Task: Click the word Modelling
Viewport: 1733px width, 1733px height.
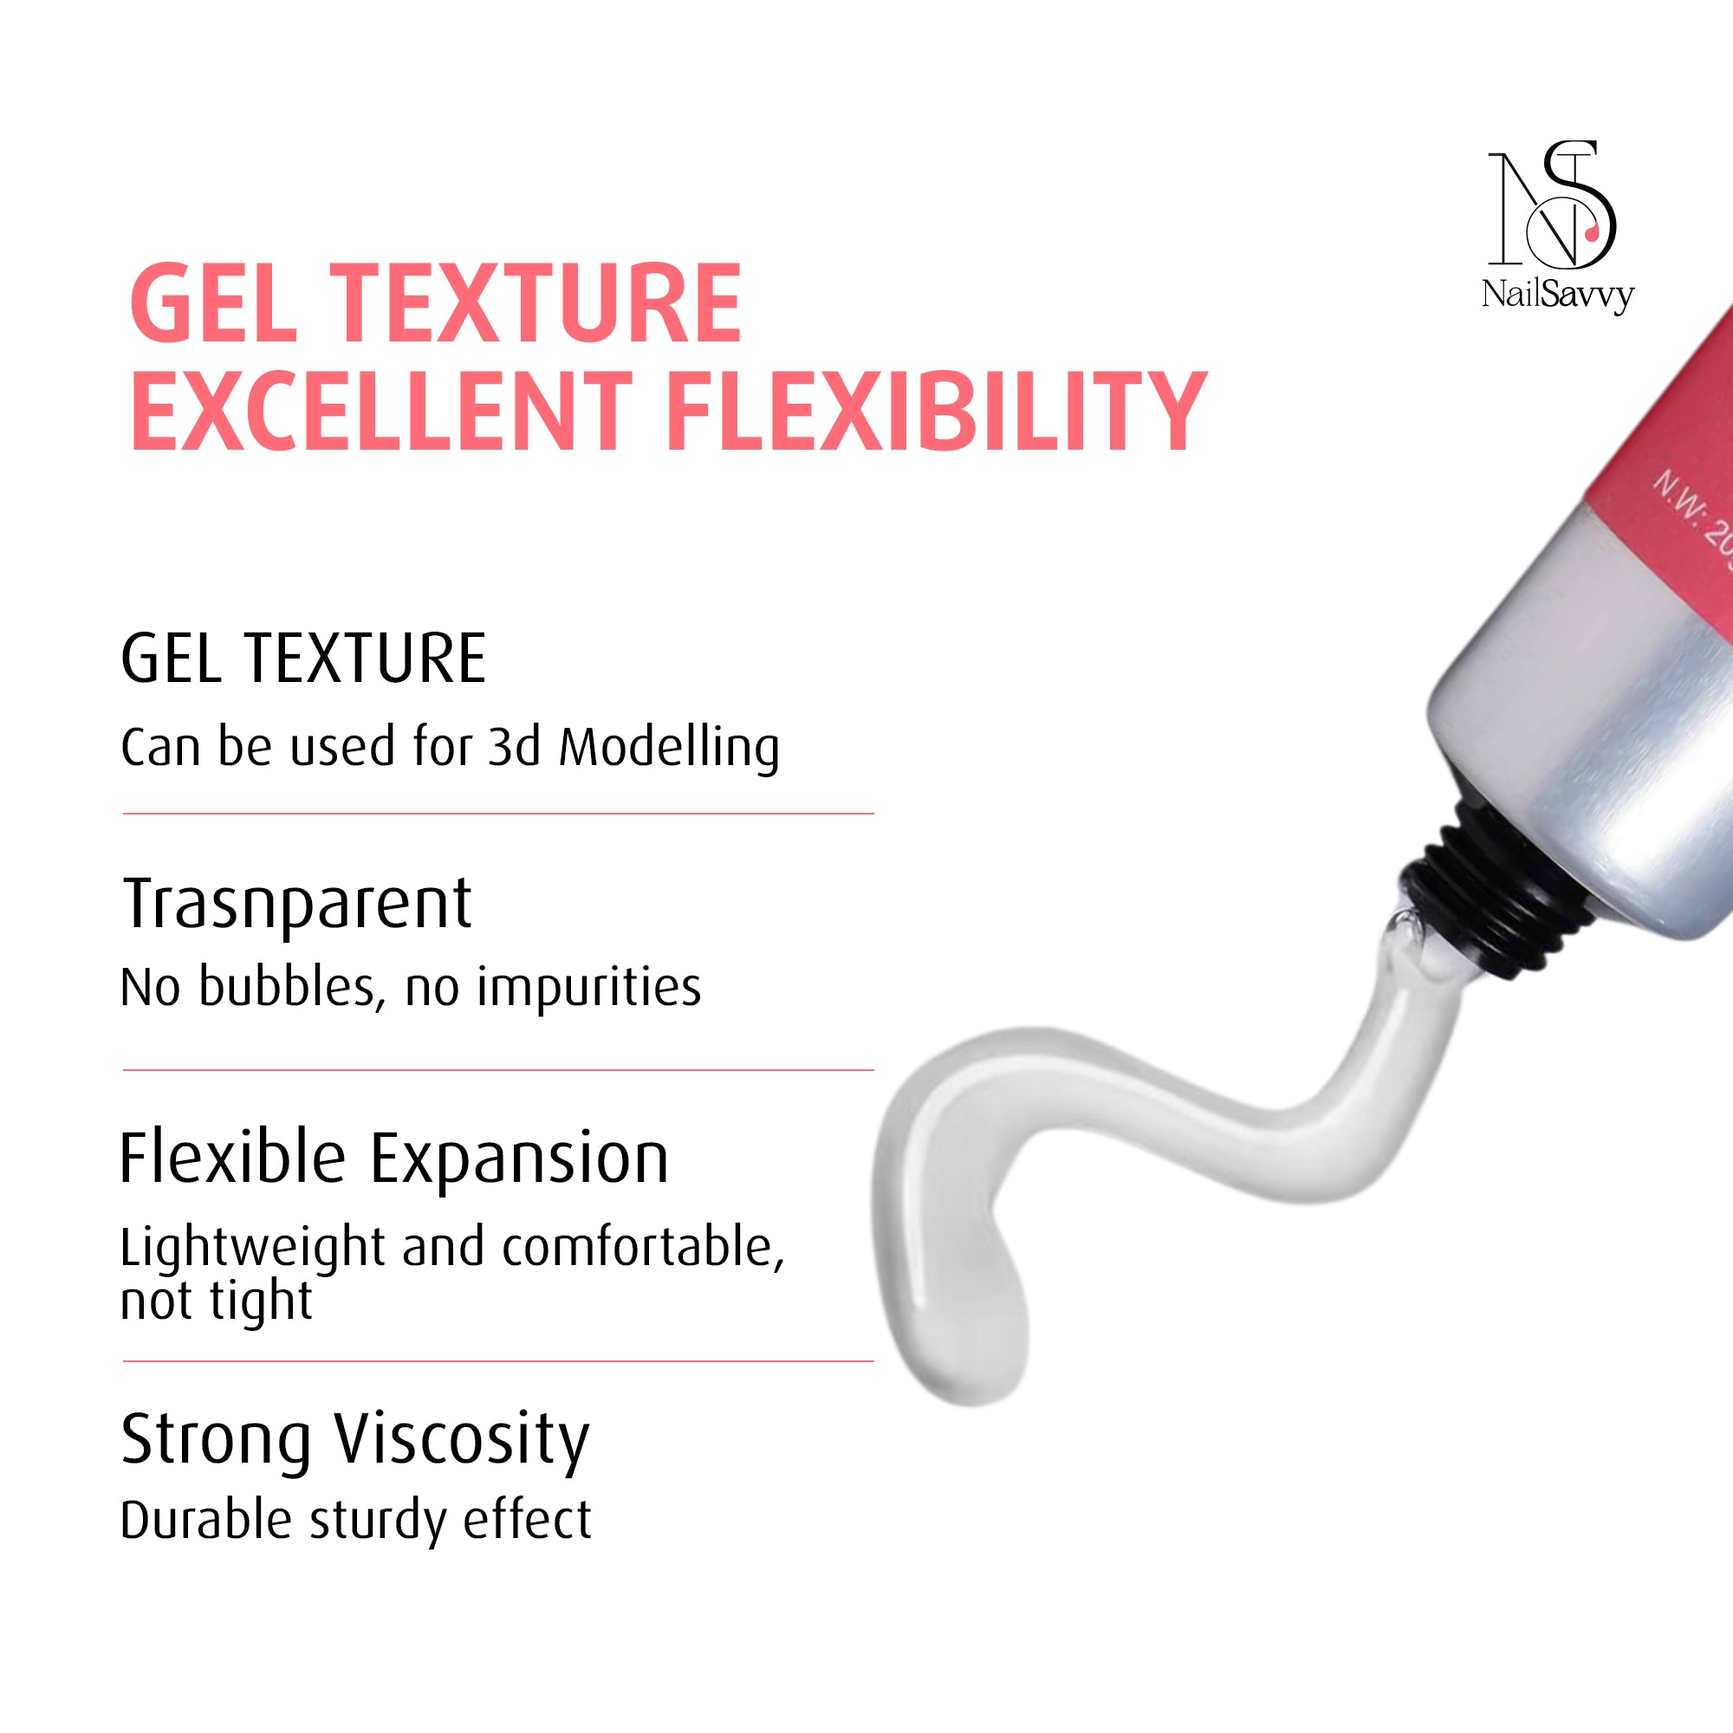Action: point(669,748)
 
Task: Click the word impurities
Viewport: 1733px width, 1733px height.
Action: point(588,990)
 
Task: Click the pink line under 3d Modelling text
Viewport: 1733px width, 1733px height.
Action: point(498,814)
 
